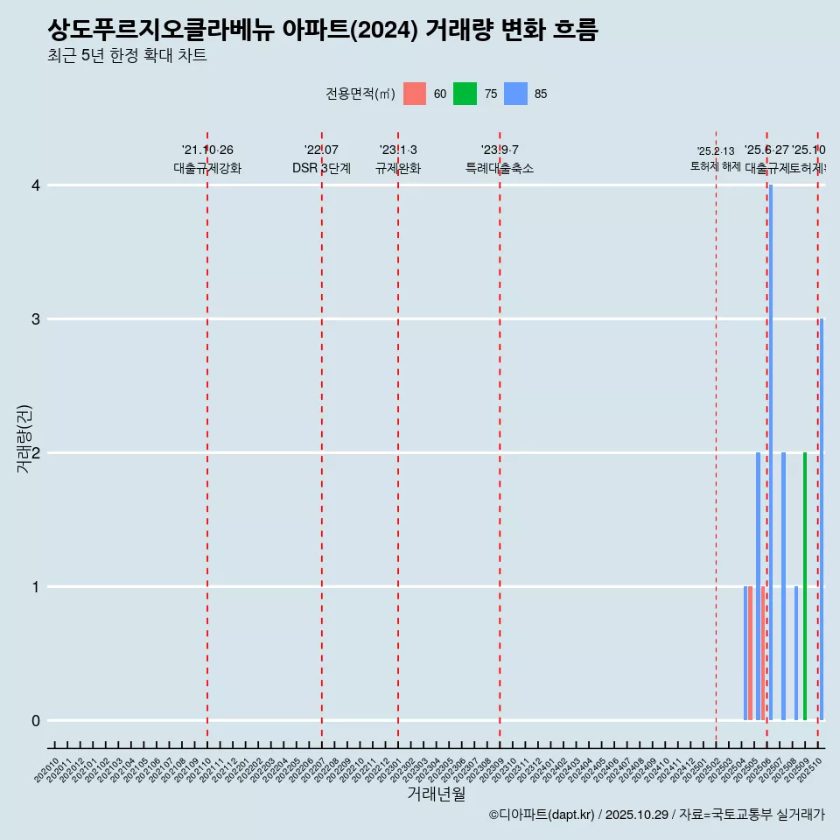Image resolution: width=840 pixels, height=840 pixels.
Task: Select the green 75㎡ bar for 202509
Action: click(805, 586)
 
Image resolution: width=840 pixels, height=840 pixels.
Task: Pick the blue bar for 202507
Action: click(783, 586)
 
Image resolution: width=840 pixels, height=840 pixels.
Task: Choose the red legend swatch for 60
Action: click(415, 94)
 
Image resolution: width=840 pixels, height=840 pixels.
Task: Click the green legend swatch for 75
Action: click(465, 94)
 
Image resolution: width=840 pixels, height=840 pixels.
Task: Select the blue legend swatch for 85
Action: click(515, 94)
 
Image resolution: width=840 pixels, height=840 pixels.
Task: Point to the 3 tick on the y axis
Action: click(36, 319)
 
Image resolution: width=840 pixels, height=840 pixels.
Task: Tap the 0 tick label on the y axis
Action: click(36, 721)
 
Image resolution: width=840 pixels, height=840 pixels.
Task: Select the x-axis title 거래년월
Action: click(436, 794)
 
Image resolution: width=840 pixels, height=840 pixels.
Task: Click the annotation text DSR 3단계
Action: click(321, 169)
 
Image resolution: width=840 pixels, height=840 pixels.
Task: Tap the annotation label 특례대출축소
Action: click(499, 169)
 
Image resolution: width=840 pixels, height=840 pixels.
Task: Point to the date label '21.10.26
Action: click(207, 150)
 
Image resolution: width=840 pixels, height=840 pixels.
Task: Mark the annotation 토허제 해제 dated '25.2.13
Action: click(716, 165)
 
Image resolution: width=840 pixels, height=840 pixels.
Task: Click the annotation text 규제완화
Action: click(398, 169)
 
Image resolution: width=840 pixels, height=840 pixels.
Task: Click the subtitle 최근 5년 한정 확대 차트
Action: click(128, 56)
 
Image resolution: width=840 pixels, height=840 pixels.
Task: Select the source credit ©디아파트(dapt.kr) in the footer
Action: click(542, 815)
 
